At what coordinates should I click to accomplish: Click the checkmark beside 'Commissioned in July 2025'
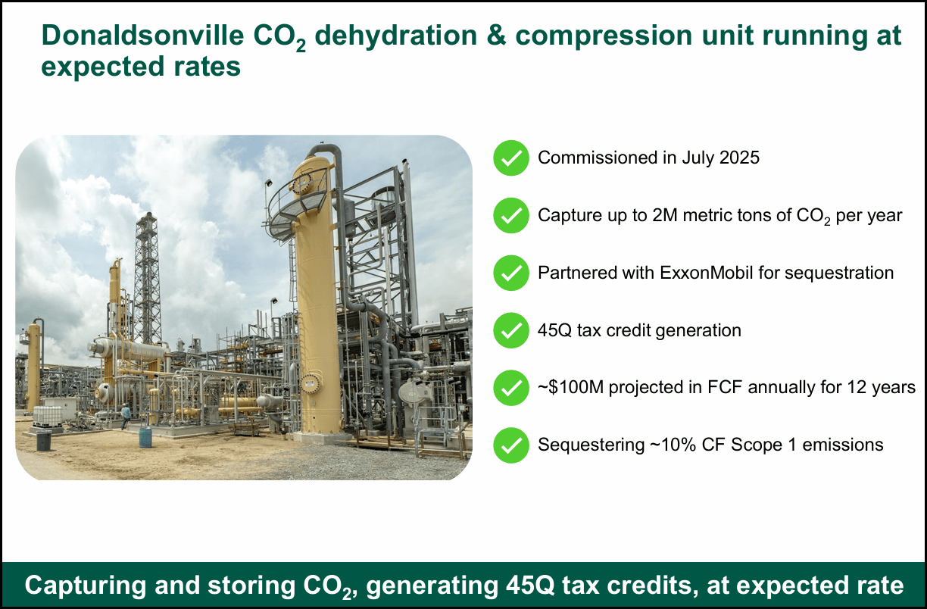511,158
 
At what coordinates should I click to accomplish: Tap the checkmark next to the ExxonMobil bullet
511,273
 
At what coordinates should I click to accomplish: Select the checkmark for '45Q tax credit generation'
511,330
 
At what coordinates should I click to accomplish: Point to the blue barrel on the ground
145,437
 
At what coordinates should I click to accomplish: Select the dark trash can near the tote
43,440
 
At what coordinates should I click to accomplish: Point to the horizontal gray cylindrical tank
129,349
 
